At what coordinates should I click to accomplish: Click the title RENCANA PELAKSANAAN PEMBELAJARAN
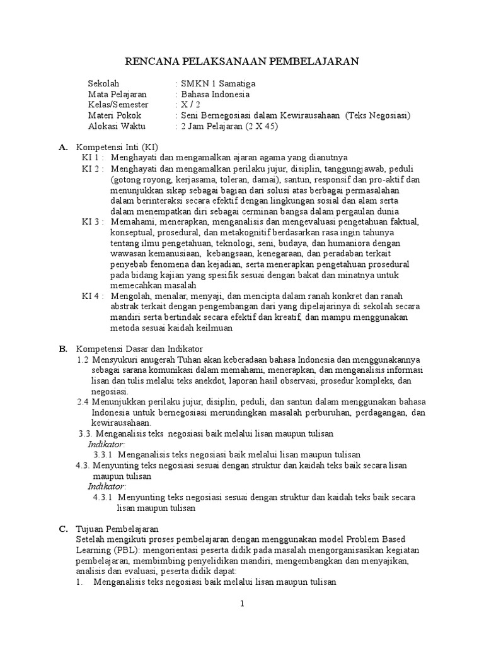(x=241, y=61)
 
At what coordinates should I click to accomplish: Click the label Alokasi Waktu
(x=115, y=126)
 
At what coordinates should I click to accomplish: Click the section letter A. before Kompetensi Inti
(x=62, y=147)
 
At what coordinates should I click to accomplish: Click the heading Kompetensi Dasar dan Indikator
(x=139, y=349)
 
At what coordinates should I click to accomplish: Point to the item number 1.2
(x=83, y=360)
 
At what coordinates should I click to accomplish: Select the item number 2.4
(x=83, y=401)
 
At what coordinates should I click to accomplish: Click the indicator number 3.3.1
(x=102, y=454)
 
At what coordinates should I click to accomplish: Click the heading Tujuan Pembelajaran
(x=117, y=529)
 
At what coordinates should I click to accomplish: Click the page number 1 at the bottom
(x=241, y=604)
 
